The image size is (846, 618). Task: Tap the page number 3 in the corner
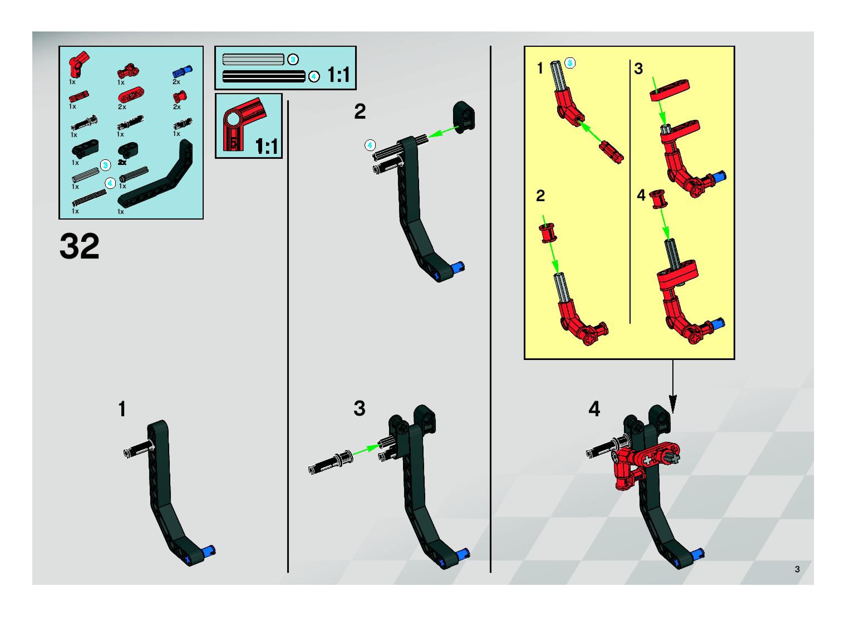(x=797, y=569)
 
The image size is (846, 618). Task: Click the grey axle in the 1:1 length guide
(x=253, y=59)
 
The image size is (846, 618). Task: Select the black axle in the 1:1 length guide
(x=264, y=76)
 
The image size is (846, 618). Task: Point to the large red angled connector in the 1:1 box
(x=243, y=123)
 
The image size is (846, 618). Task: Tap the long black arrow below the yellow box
(x=673, y=386)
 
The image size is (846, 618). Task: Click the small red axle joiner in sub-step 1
(x=611, y=152)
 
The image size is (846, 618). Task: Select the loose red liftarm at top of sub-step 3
(x=670, y=90)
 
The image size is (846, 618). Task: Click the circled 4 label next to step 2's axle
(x=370, y=145)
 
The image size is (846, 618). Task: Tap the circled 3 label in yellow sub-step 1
(x=570, y=63)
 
